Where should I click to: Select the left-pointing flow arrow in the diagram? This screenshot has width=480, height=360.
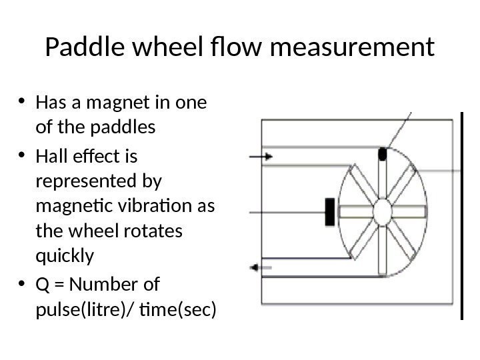point(261,267)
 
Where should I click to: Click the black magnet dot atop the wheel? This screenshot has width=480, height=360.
point(382,154)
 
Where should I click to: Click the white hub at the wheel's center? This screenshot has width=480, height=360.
point(382,212)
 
